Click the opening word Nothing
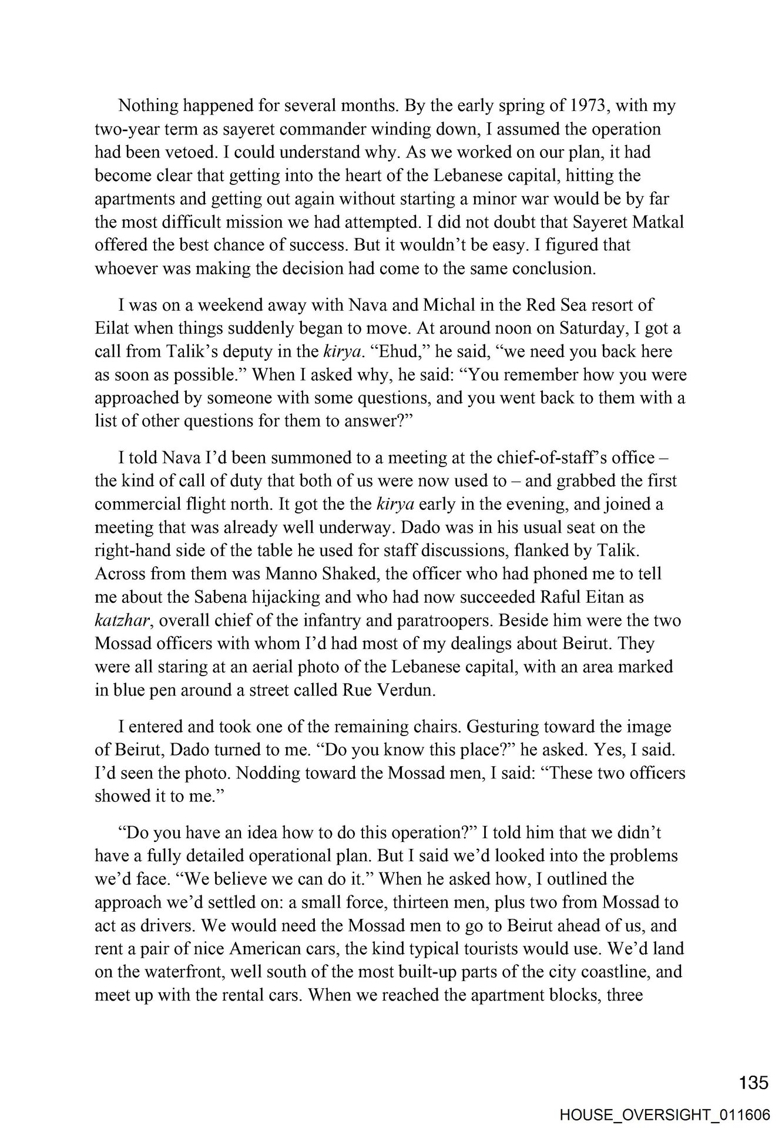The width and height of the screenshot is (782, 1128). (x=147, y=106)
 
